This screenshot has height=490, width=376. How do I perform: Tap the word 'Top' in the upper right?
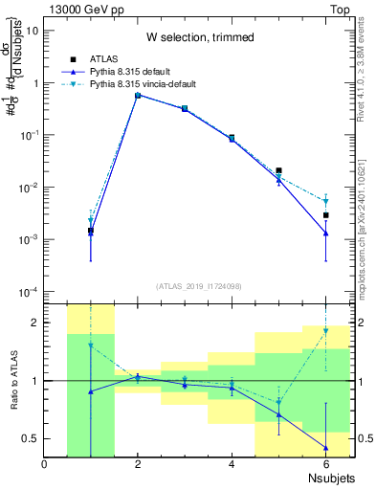pyautogui.click(x=342, y=8)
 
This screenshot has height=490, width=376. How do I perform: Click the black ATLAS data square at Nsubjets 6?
pyautogui.click(x=326, y=215)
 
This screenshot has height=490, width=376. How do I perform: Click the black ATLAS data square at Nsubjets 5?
pyautogui.click(x=279, y=170)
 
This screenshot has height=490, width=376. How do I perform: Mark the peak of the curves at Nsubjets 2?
pyautogui.click(x=138, y=95)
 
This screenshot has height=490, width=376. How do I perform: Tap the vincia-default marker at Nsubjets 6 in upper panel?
pyautogui.click(x=326, y=201)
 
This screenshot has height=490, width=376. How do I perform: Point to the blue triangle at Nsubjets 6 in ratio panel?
pyautogui.click(x=326, y=447)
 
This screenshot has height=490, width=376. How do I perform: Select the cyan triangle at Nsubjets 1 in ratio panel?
pyautogui.click(x=91, y=345)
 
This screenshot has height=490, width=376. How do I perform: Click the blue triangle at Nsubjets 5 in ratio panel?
pyautogui.click(x=279, y=414)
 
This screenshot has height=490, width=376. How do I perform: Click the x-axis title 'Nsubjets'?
pyautogui.click(x=328, y=478)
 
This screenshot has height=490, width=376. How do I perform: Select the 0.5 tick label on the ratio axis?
pyautogui.click(x=32, y=438)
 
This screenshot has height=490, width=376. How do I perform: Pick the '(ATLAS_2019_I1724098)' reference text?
pyautogui.click(x=198, y=285)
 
